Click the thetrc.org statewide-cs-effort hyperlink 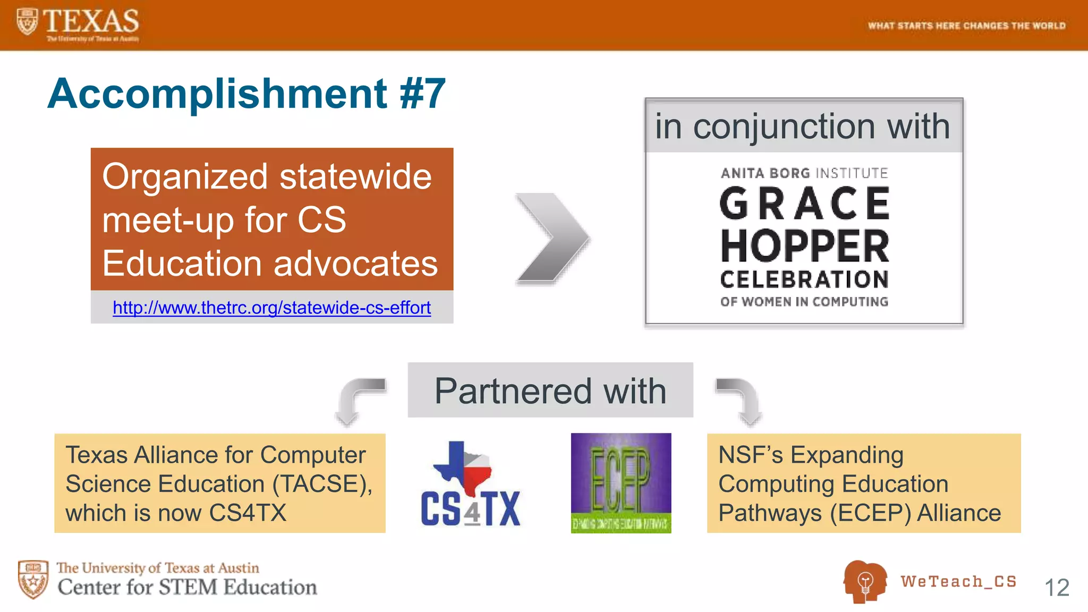271,308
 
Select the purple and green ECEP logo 620,483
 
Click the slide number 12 1056,588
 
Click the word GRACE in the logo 804,204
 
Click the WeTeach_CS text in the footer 958,581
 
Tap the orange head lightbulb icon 864,581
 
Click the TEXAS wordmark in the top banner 90,21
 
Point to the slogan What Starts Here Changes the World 966,25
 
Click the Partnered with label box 550,390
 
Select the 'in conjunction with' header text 803,126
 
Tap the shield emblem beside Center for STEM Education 33,579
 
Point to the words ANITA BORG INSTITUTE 804,173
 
